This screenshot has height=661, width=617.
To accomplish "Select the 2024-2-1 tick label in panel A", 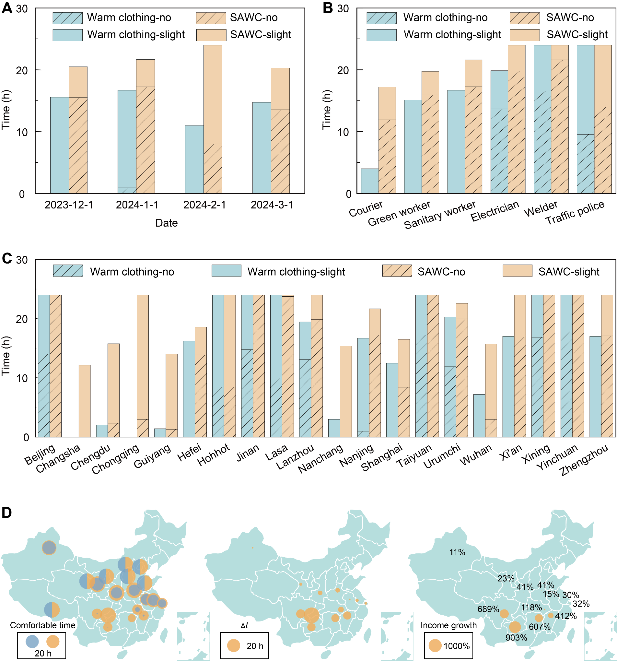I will click(x=204, y=205).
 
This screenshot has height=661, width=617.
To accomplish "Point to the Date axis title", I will click(x=166, y=223).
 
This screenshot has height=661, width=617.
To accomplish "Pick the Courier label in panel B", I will click(x=366, y=208).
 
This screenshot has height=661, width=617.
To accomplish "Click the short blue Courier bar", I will click(x=370, y=181).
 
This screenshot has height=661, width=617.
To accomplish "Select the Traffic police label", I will click(x=575, y=213).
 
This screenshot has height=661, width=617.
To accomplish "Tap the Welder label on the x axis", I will click(x=541, y=209).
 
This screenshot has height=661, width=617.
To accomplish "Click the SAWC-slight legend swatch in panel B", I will click(x=524, y=35).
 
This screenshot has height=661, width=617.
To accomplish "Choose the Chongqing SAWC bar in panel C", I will click(x=143, y=366).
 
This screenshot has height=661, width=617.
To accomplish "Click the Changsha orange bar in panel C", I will click(x=85, y=401).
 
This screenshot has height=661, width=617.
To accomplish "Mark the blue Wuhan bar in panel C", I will click(x=479, y=415).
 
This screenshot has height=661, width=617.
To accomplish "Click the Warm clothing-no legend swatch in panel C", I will click(x=68, y=271).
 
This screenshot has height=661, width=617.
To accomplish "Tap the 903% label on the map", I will click(x=516, y=638).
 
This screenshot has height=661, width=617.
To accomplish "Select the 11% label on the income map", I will click(x=457, y=553).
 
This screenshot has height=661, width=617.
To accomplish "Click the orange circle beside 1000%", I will click(x=435, y=646).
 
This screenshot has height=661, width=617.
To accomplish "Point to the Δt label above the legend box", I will click(x=244, y=625).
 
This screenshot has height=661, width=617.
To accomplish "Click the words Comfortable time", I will click(x=42, y=625).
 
